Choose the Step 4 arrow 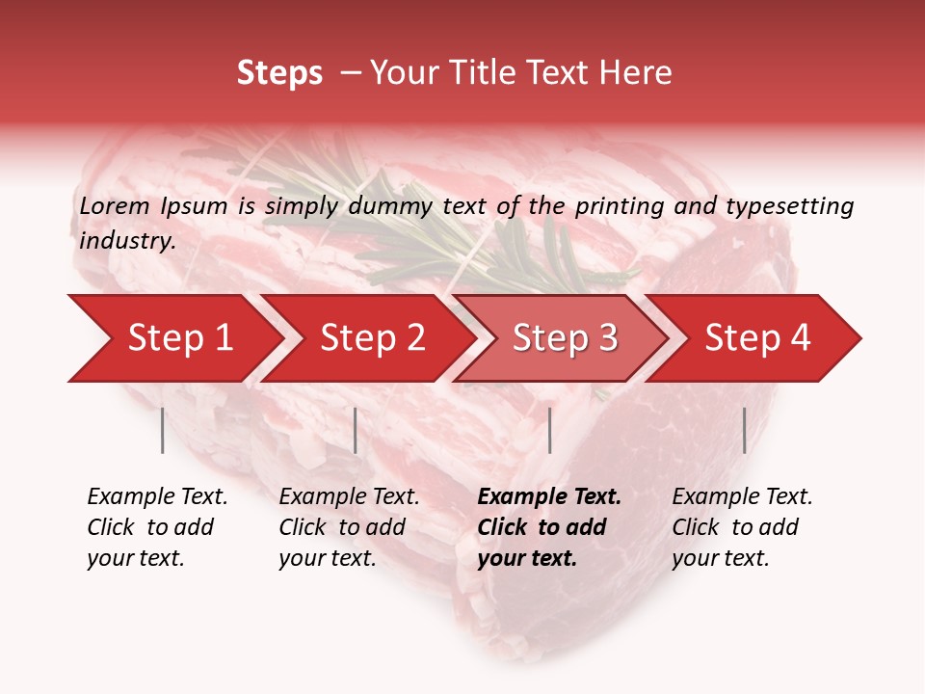pyautogui.click(x=757, y=338)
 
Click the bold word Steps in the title pyautogui.click(x=279, y=73)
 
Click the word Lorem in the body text pyautogui.click(x=115, y=205)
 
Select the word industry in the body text pyautogui.click(x=127, y=241)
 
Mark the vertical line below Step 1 pyautogui.click(x=163, y=430)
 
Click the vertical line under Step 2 pyautogui.click(x=356, y=430)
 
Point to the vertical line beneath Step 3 pyautogui.click(x=549, y=430)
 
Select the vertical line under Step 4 pyautogui.click(x=744, y=430)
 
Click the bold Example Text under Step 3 pyautogui.click(x=549, y=497)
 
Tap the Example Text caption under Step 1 pyautogui.click(x=157, y=497)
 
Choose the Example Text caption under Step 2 pyautogui.click(x=349, y=497)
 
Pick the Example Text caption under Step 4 pyautogui.click(x=742, y=497)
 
